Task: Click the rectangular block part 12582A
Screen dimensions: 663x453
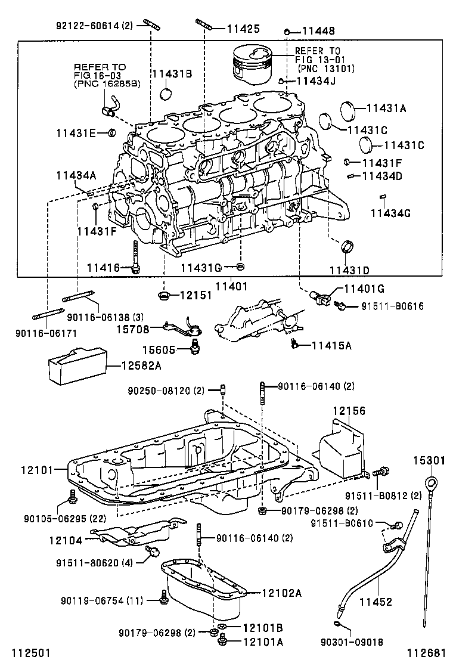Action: [76, 364]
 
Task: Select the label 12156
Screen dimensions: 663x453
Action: [349, 411]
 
